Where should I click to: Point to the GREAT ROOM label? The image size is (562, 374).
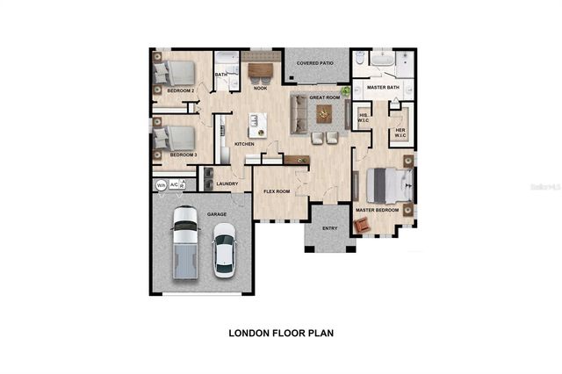coord(325,97)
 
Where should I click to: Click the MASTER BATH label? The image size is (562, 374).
coord(383,88)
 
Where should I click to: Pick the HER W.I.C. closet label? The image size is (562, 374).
coord(400,133)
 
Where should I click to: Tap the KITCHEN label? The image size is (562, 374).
coord(244,143)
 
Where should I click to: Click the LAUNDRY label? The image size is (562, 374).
coord(227,183)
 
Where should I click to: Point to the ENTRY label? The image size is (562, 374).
coord(329,228)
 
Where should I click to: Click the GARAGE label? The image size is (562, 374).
coord(216,213)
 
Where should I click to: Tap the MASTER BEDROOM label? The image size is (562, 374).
coord(377,211)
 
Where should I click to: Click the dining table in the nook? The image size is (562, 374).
coord(261,69)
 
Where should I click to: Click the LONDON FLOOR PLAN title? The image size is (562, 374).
coord(281,333)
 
